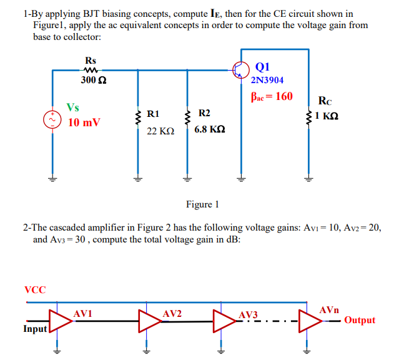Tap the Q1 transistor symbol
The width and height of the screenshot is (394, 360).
click(240, 70)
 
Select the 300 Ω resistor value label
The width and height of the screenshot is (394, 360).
click(94, 81)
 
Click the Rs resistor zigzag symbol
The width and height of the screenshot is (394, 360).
click(91, 70)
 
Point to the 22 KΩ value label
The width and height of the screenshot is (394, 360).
click(160, 132)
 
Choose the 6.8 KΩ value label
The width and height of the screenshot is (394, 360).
click(210, 130)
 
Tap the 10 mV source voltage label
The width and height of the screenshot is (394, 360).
click(84, 122)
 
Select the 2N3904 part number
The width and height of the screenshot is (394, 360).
click(267, 81)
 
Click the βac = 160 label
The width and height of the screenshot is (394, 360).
click(272, 97)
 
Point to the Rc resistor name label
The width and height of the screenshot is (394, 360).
click(325, 101)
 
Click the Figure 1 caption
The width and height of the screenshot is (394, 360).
click(202, 204)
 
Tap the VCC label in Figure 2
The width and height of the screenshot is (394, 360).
click(35, 289)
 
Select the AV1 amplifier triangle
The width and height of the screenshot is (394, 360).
click(61, 321)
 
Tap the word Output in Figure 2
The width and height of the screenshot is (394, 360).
click(360, 320)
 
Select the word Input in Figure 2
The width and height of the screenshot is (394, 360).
click(36, 329)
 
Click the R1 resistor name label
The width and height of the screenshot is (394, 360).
click(153, 114)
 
